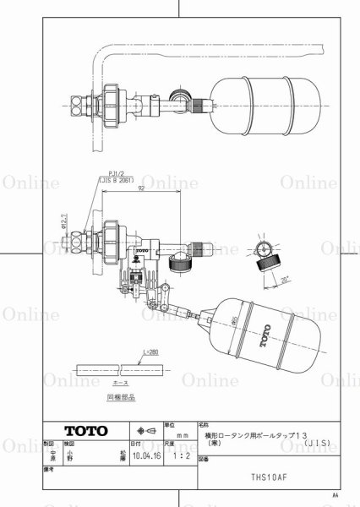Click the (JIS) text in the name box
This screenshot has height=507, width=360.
[x=309, y=440]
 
